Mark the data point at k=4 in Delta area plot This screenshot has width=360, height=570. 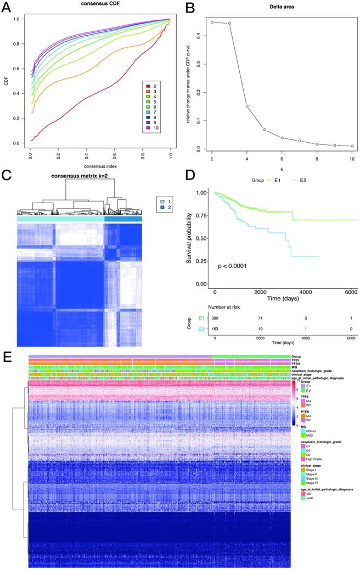pyautogui.click(x=247, y=106)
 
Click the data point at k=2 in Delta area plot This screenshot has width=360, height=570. pyautogui.click(x=212, y=22)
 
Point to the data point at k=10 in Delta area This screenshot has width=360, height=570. pyautogui.click(x=352, y=146)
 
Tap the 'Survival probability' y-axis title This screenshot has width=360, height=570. pyautogui.click(x=188, y=237)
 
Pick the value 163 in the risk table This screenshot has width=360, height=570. pyautogui.click(x=215, y=328)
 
